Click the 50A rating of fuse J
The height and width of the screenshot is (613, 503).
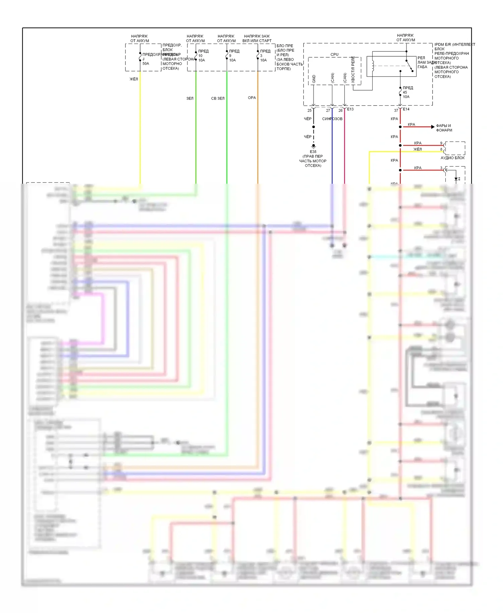(x=146, y=63)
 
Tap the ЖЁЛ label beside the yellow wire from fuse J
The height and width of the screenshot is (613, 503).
(x=134, y=79)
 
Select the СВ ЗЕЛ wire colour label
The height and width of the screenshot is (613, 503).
(x=218, y=98)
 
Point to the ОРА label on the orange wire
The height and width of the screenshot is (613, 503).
(x=252, y=98)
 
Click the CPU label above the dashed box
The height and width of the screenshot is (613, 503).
(x=334, y=54)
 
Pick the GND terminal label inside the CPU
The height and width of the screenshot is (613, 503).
(x=314, y=79)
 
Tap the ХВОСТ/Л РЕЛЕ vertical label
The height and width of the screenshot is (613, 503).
(x=353, y=70)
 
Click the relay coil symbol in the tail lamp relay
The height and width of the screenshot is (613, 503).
(x=373, y=66)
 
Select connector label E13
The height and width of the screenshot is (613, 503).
(x=350, y=109)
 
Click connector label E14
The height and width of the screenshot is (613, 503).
(x=406, y=109)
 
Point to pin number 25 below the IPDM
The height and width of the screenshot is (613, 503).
(x=310, y=110)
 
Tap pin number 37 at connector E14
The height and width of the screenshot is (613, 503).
(x=396, y=110)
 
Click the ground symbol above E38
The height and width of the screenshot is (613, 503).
(x=314, y=146)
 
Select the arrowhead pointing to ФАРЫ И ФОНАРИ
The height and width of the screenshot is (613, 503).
(x=433, y=127)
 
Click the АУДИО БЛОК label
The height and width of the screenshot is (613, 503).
(x=453, y=158)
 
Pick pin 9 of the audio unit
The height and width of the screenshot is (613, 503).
(x=441, y=143)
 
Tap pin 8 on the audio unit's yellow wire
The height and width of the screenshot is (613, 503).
(x=441, y=149)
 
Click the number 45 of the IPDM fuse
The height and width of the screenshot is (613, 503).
(x=405, y=92)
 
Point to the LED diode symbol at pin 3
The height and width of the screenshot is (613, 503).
(x=456, y=179)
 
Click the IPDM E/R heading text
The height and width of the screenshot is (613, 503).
(x=455, y=44)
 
